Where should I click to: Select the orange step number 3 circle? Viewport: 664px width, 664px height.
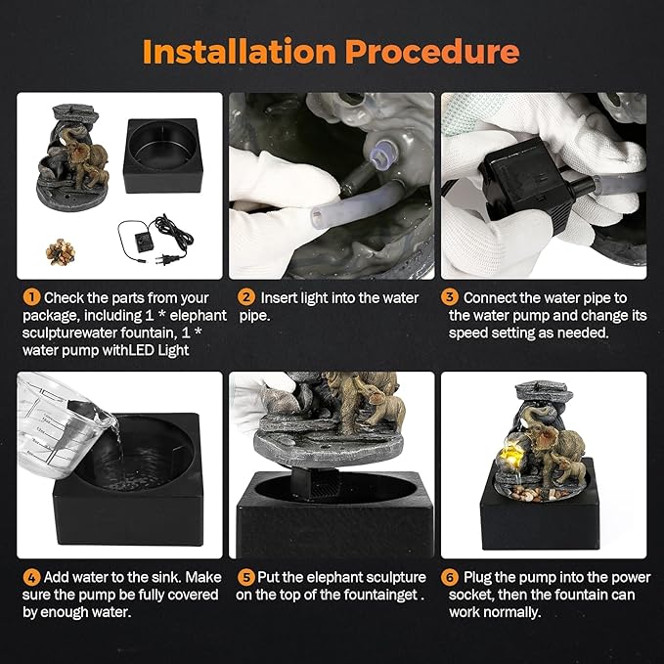[451, 297]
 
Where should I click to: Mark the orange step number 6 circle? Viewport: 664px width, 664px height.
[451, 577]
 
